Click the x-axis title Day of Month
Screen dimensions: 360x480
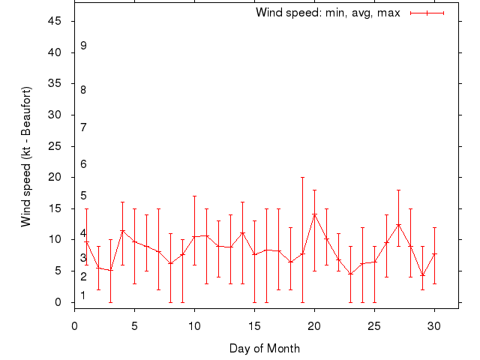(x=265, y=348)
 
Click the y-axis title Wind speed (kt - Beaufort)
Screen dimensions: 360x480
(x=25, y=157)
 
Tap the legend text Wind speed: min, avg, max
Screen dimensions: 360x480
(x=328, y=13)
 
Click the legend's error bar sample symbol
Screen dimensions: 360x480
(x=427, y=13)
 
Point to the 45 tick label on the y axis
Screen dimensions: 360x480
(x=55, y=21)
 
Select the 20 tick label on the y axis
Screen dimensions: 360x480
(x=55, y=177)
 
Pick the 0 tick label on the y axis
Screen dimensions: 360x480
(x=58, y=302)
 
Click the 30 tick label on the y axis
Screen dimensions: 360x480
(x=55, y=115)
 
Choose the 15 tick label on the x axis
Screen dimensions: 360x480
(x=254, y=326)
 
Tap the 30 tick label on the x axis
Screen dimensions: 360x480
(x=434, y=326)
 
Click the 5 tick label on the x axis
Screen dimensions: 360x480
(x=134, y=326)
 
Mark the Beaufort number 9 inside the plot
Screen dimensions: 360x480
(x=84, y=46)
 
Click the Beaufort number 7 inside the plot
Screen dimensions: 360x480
(x=84, y=127)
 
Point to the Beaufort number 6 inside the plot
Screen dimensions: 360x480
(x=84, y=164)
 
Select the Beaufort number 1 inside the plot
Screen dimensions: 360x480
(x=84, y=295)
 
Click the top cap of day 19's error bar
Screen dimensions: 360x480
(x=302, y=178)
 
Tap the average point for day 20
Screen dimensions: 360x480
(x=314, y=214)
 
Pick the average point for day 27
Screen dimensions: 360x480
(x=398, y=224)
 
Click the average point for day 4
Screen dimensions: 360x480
(x=122, y=230)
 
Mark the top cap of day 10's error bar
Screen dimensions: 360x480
(x=194, y=196)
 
